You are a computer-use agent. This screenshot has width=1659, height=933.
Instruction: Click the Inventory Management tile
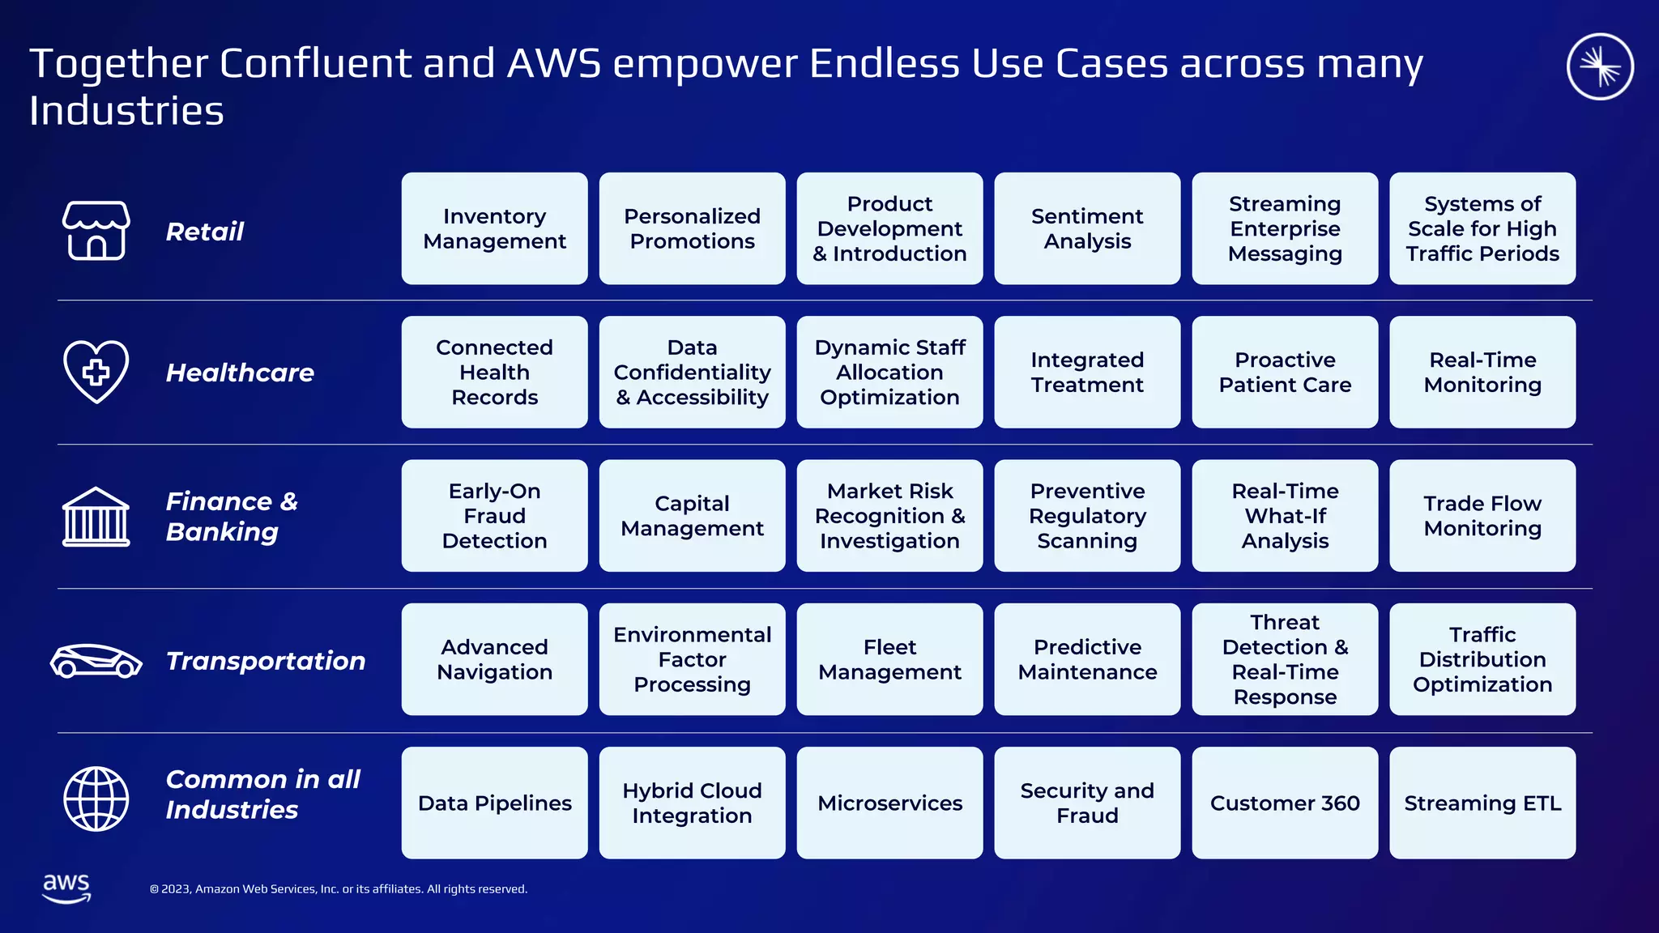point(494,228)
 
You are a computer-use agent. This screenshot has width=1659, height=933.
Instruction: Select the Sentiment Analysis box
point(1087,228)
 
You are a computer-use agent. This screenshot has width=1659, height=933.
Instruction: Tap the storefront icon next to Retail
point(96,231)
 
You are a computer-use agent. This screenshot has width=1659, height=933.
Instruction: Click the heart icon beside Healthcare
point(96,372)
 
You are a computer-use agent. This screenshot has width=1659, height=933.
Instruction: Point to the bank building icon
point(96,517)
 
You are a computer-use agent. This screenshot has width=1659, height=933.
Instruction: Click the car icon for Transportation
point(96,661)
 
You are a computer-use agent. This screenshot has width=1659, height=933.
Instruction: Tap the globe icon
point(96,799)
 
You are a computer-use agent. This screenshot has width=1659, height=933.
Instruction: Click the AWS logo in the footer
point(66,888)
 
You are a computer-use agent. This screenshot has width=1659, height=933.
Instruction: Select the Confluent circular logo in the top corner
point(1600,66)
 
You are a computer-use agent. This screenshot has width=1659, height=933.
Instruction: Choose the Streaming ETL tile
point(1482,803)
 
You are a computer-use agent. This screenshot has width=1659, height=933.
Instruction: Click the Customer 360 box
point(1285,803)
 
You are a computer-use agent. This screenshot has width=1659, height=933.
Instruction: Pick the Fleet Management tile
point(889,659)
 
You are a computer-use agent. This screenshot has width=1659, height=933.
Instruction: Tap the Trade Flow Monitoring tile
point(1482,516)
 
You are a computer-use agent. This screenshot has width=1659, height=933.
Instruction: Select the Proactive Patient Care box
point(1285,372)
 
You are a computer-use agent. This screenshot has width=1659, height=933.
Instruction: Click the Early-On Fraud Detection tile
point(494,516)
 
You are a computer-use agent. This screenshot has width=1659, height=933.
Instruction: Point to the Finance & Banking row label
point(232,517)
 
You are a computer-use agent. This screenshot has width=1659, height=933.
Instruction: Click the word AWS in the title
point(554,63)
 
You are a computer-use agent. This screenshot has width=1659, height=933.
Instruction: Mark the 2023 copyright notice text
point(339,889)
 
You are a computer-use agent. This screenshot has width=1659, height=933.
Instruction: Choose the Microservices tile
point(889,803)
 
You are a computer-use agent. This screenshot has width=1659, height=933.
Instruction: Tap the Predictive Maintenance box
point(1087,659)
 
